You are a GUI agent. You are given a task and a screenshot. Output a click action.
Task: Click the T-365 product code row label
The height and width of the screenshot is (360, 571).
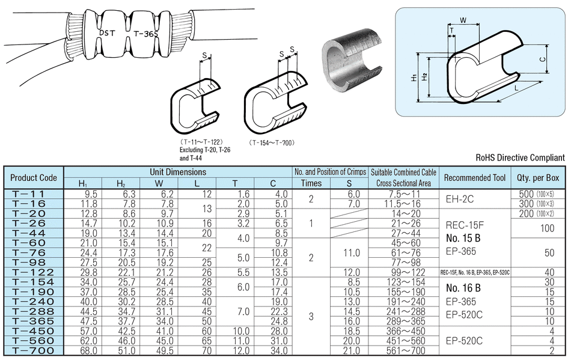(x=33, y=321)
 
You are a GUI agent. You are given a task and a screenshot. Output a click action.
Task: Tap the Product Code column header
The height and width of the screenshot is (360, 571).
(x=34, y=177)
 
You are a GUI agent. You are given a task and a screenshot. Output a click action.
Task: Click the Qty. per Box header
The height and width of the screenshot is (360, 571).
(x=537, y=177)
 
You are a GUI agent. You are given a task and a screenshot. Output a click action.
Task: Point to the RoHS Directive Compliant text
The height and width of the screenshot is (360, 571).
(x=520, y=157)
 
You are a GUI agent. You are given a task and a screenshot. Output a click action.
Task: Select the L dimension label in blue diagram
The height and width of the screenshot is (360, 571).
(x=519, y=89)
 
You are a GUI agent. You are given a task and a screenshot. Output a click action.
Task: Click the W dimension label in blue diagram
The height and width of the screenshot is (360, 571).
(x=463, y=20)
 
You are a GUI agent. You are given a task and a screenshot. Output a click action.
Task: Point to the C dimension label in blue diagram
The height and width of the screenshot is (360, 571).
(x=543, y=59)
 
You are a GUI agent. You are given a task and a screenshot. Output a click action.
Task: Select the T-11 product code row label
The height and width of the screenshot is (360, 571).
(x=33, y=194)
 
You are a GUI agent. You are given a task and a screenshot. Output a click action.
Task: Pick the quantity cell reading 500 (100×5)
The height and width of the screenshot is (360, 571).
(x=537, y=194)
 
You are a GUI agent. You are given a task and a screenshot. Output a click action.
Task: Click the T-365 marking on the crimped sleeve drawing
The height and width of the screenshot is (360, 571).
(x=145, y=34)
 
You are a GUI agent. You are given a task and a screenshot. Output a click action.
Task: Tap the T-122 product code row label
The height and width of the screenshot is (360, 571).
(x=33, y=272)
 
